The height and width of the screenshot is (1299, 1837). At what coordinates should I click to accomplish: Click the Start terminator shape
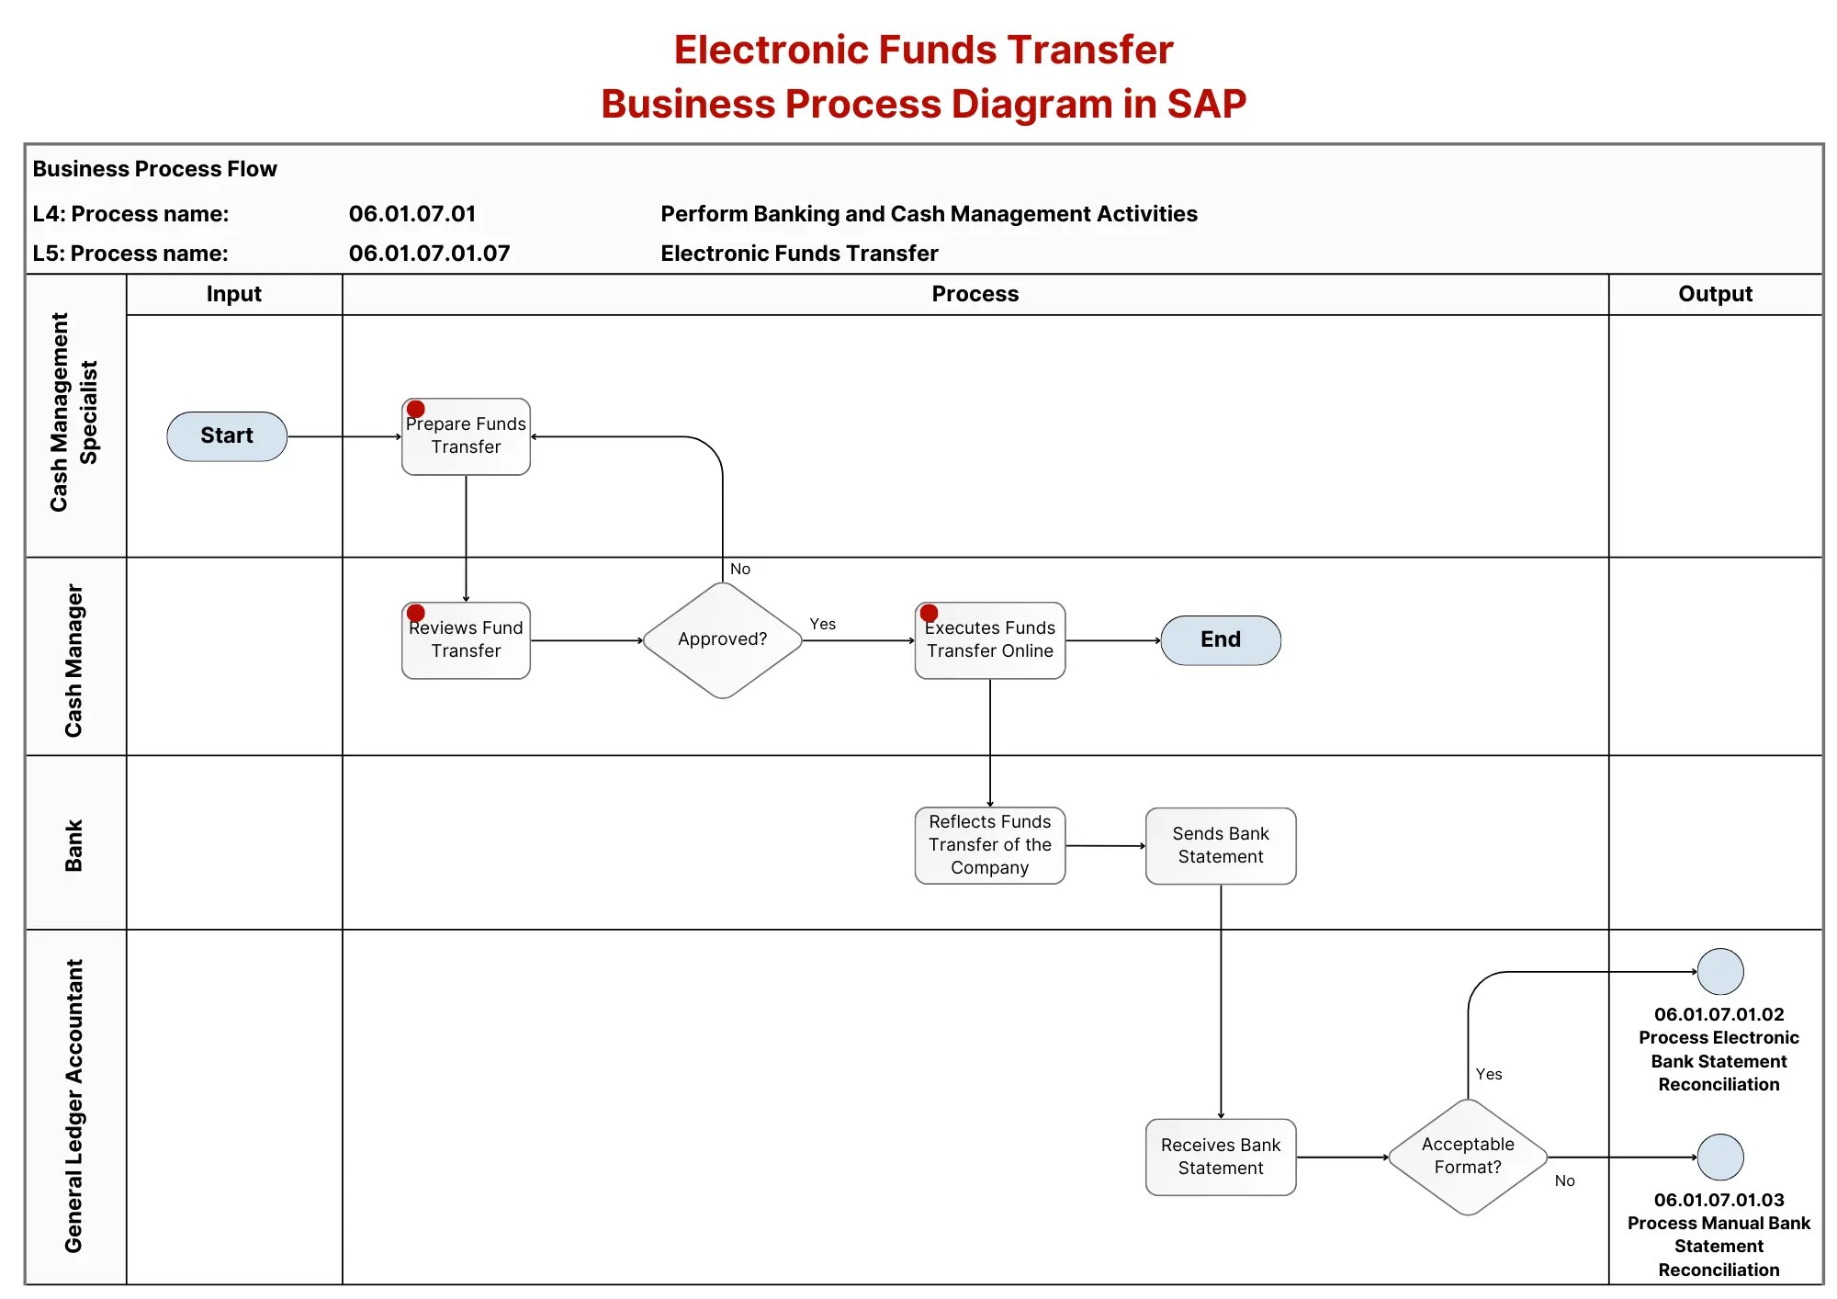227,436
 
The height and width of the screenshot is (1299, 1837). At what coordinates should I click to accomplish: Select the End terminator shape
1221,640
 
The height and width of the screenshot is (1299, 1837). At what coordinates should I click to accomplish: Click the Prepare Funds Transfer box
466,436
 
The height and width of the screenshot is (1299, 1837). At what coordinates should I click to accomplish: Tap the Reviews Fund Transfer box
466,640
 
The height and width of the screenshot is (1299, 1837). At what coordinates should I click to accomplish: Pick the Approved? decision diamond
723,640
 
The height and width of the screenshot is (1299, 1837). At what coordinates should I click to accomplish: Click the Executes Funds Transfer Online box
990,640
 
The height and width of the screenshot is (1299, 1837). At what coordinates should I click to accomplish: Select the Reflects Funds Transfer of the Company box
990,845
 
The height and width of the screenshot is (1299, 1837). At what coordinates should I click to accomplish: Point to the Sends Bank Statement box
1221,846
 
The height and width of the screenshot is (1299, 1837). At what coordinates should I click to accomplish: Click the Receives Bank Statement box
1221,1157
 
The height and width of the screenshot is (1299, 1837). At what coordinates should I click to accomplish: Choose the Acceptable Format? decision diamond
1468,1157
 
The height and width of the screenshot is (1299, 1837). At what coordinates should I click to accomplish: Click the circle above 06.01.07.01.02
1720,972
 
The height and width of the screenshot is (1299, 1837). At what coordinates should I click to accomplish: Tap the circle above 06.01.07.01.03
1720,1158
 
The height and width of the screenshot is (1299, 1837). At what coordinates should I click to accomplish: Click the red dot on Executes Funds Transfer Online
930,613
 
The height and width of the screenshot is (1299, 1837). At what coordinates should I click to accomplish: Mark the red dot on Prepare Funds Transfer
416,409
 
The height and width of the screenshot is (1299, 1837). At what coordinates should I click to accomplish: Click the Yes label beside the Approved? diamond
823,624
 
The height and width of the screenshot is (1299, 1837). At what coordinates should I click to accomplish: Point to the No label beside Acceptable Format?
1565,1180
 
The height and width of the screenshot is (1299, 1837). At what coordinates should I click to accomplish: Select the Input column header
234,294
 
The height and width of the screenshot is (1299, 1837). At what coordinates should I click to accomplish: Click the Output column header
1716,294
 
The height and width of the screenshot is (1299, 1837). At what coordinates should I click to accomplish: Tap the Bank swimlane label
73,845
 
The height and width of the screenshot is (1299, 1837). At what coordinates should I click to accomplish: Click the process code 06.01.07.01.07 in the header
429,254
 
